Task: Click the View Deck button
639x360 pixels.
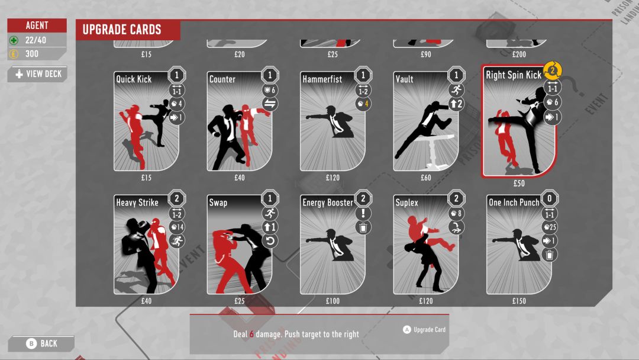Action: point(38,74)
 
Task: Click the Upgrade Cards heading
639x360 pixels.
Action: point(122,30)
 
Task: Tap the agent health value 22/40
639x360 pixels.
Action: point(35,40)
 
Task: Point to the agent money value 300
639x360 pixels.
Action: point(32,54)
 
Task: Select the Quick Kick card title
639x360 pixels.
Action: point(134,79)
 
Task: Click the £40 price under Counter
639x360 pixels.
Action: point(240,178)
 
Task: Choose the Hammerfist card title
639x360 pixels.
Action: point(322,79)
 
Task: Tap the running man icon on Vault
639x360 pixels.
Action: point(456,90)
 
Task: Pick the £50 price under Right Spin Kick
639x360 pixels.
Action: point(519,184)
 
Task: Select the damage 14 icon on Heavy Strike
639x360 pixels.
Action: point(177,226)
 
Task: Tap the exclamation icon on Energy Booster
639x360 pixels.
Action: point(363,213)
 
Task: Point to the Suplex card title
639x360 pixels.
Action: point(407,202)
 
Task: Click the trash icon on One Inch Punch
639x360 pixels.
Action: point(550,255)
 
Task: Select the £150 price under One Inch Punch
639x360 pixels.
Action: point(519,301)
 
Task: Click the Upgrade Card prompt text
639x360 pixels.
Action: point(429,330)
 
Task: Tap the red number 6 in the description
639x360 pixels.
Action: point(251,335)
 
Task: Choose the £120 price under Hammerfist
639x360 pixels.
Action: point(333,178)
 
